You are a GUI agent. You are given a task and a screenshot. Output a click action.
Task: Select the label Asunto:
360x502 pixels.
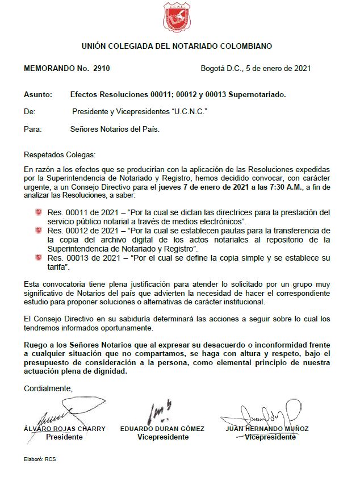pos(38,94)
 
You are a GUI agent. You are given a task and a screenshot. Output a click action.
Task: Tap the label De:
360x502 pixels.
pos(30,112)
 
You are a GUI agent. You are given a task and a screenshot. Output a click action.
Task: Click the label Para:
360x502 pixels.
pos(33,129)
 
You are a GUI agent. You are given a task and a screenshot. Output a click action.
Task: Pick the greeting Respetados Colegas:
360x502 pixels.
pos(60,154)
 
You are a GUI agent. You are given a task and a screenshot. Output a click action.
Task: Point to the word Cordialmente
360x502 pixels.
pos(49,388)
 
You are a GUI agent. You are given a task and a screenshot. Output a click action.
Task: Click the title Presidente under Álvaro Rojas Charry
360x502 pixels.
pos(64,437)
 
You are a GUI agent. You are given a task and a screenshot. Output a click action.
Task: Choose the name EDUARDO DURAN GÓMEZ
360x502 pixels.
pos(162,429)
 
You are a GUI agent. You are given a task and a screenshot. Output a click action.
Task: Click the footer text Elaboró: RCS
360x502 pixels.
pos(40,458)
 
